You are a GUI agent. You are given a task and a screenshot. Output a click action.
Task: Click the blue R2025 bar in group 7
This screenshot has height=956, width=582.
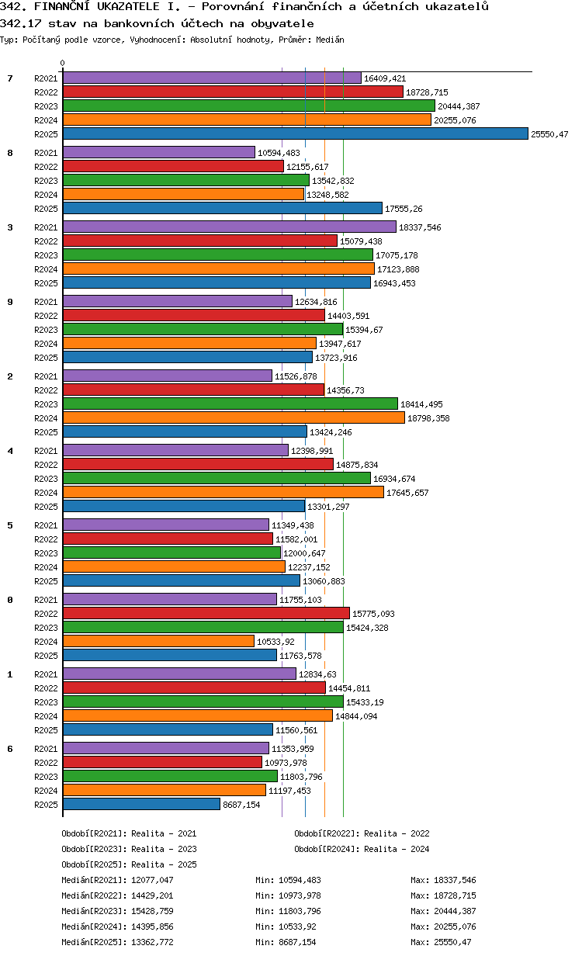click(296, 134)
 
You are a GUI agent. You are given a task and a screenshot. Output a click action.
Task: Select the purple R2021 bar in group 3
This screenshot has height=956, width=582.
click(230, 227)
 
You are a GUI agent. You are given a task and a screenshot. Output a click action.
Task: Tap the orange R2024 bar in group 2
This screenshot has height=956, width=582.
click(234, 417)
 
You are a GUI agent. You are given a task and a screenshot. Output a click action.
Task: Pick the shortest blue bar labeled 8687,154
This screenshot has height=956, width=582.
click(142, 804)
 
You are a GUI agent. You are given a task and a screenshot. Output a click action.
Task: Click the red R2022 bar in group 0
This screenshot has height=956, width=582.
click(206, 613)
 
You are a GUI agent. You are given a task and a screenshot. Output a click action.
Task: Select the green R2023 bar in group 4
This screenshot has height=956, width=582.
click(217, 479)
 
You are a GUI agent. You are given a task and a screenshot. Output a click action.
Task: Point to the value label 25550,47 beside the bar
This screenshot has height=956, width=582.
click(549, 134)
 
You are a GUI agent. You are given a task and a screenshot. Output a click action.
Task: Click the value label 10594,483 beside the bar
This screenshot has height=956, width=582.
click(279, 153)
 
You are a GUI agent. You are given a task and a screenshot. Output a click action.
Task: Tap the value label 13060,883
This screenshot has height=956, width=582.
click(324, 581)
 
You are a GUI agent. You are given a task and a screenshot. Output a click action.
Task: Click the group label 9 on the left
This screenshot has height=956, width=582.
click(10, 302)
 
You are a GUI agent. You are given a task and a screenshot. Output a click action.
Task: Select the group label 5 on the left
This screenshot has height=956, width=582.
click(10, 525)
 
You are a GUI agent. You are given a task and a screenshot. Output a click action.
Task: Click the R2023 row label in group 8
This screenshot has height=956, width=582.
click(46, 181)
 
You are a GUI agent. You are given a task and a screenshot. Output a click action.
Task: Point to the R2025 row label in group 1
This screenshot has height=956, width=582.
click(46, 730)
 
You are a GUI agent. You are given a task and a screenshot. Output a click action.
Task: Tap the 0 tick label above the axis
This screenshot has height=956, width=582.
click(63, 63)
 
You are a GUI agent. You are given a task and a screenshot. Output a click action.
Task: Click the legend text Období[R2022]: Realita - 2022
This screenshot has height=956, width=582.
click(362, 833)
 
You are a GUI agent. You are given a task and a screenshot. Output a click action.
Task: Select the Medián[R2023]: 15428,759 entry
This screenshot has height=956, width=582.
click(118, 911)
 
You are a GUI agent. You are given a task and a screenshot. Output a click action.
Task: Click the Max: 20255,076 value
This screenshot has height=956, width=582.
click(443, 927)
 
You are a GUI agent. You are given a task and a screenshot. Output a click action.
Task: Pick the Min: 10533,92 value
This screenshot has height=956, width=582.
click(286, 927)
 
